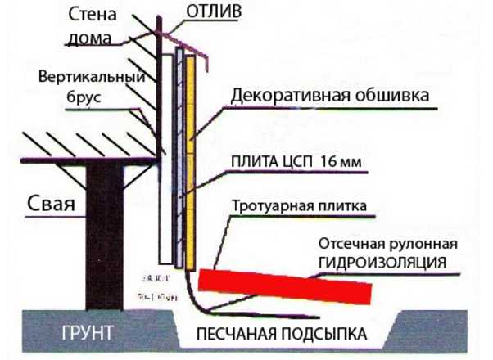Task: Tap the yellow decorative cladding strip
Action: click(x=191, y=164)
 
